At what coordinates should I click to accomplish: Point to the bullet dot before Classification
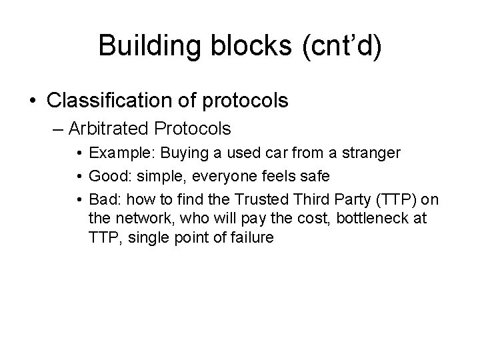click(x=33, y=101)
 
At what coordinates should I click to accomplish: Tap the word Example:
click(x=117, y=153)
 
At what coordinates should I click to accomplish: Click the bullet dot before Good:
click(x=79, y=177)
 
